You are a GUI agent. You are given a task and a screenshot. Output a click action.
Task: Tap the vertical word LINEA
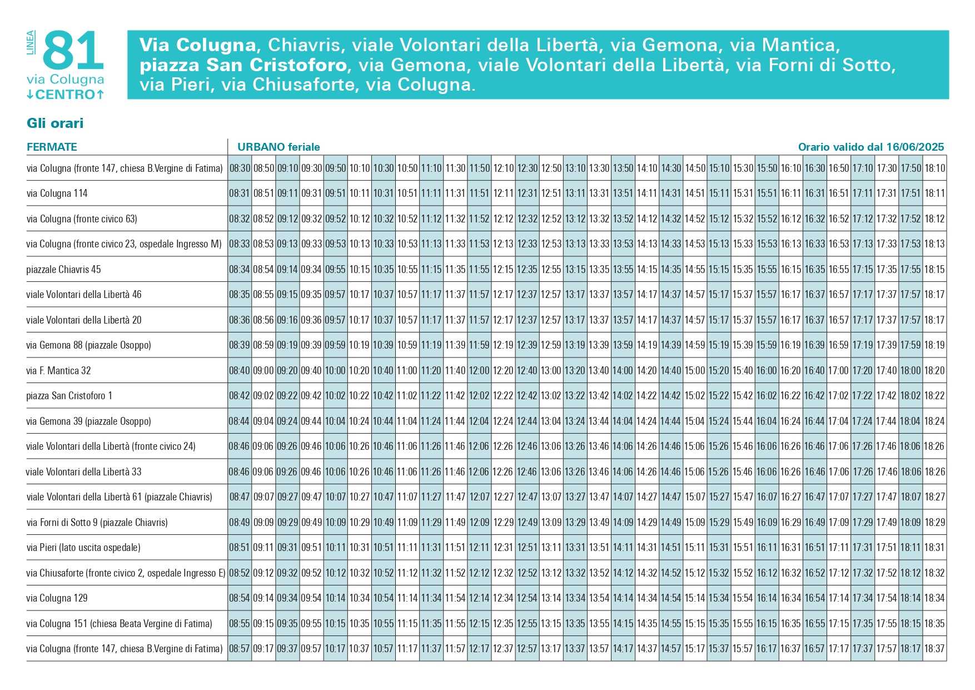[x=31, y=42]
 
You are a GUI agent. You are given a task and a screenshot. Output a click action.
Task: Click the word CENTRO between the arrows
[x=66, y=95]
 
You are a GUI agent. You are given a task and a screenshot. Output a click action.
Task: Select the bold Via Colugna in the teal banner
[x=197, y=44]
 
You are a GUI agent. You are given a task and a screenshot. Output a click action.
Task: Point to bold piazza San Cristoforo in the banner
[x=243, y=65]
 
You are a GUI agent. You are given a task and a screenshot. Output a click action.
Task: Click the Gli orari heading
[x=55, y=123]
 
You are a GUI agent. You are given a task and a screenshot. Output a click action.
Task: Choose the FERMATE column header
[x=52, y=147]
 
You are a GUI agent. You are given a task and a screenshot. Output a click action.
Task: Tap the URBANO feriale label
[x=278, y=147]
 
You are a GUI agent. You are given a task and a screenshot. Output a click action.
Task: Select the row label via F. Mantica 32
[x=58, y=370]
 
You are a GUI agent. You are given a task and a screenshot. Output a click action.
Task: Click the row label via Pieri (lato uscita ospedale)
[x=83, y=548]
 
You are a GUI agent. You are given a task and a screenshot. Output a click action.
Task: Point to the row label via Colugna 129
[x=57, y=598]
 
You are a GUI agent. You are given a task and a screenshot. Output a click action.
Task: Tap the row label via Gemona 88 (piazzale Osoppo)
[x=88, y=345]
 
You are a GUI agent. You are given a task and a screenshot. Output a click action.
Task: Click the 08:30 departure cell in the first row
[x=240, y=168]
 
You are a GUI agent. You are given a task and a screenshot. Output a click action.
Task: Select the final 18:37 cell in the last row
[x=934, y=648]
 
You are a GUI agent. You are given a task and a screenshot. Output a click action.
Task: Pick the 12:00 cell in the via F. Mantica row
[x=479, y=370]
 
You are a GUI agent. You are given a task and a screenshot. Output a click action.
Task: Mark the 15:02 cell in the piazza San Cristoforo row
[x=695, y=396]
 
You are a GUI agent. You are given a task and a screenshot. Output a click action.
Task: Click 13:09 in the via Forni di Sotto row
[x=551, y=522]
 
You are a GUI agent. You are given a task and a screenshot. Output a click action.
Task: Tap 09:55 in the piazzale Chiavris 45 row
[x=335, y=269]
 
